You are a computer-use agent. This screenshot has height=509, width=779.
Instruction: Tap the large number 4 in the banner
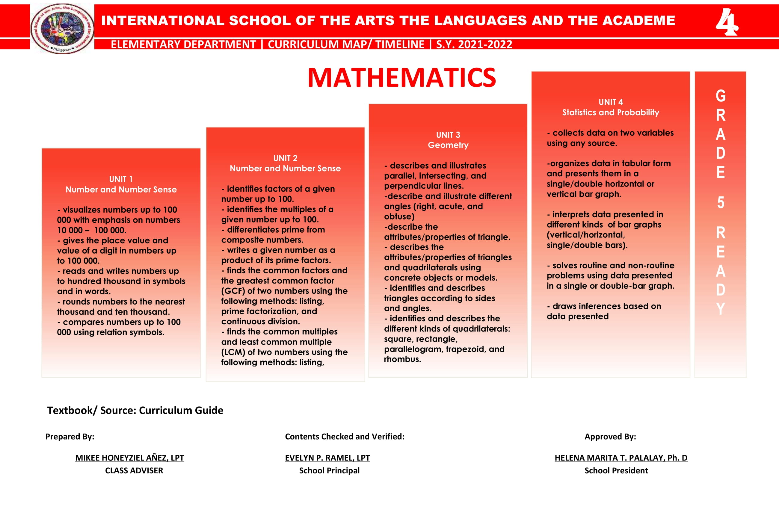(x=726, y=22)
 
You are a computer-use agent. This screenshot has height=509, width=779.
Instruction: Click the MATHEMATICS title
(x=401, y=78)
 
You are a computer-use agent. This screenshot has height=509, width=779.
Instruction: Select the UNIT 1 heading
(x=121, y=179)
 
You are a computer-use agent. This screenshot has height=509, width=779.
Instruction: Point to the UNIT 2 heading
(x=285, y=158)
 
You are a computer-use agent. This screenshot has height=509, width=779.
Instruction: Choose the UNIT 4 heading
(x=610, y=102)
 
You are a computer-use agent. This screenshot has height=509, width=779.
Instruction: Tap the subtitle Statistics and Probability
(x=610, y=113)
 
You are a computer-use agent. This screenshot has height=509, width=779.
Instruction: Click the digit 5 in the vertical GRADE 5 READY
(x=720, y=203)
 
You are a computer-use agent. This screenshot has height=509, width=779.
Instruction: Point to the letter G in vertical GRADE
(x=720, y=96)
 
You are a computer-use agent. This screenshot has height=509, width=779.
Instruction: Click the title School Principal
(x=329, y=470)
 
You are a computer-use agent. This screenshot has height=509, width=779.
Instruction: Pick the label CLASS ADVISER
(x=134, y=470)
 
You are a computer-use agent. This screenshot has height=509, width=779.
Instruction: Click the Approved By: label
(x=610, y=437)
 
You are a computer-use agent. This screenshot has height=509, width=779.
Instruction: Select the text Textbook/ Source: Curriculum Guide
(x=135, y=410)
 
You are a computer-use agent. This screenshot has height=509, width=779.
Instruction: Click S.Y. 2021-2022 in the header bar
(x=474, y=44)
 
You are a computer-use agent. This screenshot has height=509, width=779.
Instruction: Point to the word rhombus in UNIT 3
(x=402, y=359)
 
